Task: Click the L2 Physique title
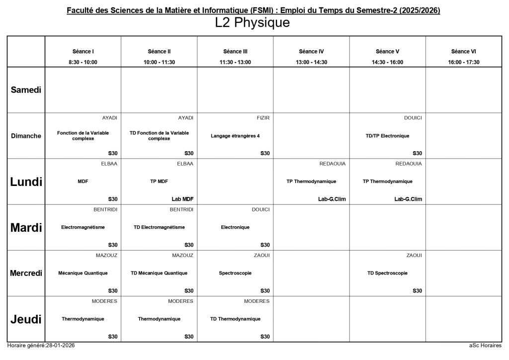tap(252, 23)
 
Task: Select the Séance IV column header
tap(311, 51)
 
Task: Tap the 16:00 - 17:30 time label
tap(463, 62)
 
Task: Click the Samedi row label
tap(26, 90)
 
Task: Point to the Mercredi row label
tap(26, 273)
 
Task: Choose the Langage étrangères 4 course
tap(235, 136)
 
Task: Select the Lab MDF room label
tap(182, 199)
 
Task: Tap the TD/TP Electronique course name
tap(387, 136)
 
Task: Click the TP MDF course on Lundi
tap(159, 181)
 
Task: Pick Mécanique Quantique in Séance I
tap(83, 273)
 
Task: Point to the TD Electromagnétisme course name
tap(159, 227)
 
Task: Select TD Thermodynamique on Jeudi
tap(235, 319)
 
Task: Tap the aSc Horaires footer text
tap(485, 345)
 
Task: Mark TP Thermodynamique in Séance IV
tap(311, 181)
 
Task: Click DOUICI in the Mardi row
tap(260, 209)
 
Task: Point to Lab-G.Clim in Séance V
tap(408, 199)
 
